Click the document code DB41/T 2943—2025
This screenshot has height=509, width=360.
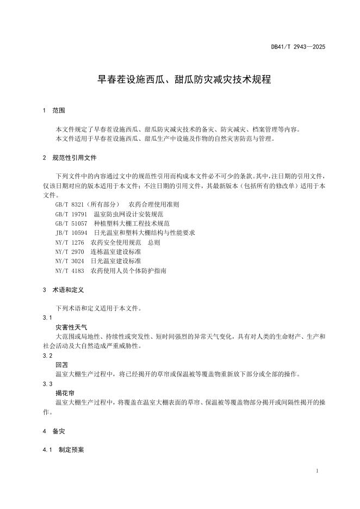298,47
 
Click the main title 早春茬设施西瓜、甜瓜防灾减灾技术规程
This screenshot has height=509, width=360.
184,79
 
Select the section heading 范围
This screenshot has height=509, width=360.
59,110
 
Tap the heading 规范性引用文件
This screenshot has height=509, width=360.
75,158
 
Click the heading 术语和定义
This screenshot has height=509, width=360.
68,290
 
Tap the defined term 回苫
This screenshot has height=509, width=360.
62,365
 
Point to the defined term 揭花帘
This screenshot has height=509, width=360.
65,393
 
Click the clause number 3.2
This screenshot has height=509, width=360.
47,355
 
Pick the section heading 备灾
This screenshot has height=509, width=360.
59,431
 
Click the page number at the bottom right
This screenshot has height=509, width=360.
316,470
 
